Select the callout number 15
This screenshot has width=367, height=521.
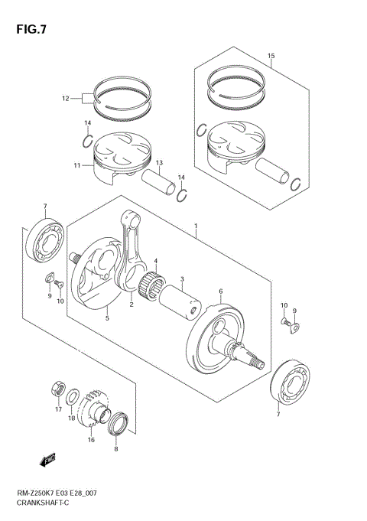pyautogui.click(x=270, y=56)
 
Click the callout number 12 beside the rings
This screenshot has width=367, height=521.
pyautogui.click(x=65, y=98)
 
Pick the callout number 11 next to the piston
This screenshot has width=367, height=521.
pyautogui.click(x=76, y=165)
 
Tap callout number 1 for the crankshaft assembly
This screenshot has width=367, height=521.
pyautogui.click(x=196, y=227)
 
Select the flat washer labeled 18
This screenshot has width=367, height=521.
pyautogui.click(x=72, y=396)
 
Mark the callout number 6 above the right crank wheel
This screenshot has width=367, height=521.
pyautogui.click(x=220, y=291)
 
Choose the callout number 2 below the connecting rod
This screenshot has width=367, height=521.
pyautogui.click(x=131, y=304)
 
